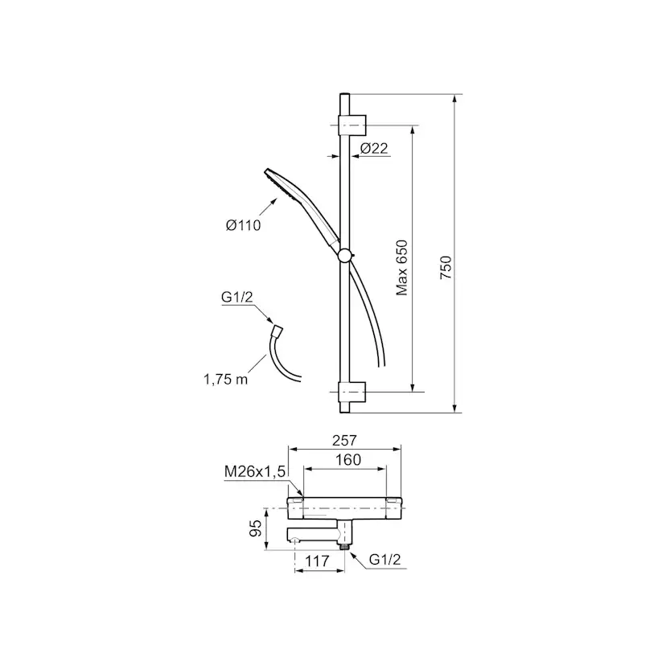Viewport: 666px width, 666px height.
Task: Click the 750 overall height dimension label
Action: [x=446, y=267]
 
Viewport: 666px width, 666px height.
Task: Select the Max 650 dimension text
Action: [x=402, y=268]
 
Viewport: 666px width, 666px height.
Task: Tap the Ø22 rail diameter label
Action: [x=374, y=148]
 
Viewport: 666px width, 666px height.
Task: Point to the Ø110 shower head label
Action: [x=244, y=225]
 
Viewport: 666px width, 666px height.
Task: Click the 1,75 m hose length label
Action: [x=225, y=380]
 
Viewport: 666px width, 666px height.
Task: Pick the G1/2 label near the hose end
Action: [x=236, y=297]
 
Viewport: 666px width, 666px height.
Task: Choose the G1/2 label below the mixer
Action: [x=384, y=559]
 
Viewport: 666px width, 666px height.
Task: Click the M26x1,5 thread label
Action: [x=255, y=471]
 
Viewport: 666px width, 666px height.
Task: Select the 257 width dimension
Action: [x=344, y=441]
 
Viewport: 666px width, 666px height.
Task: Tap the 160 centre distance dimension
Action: [x=348, y=459]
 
